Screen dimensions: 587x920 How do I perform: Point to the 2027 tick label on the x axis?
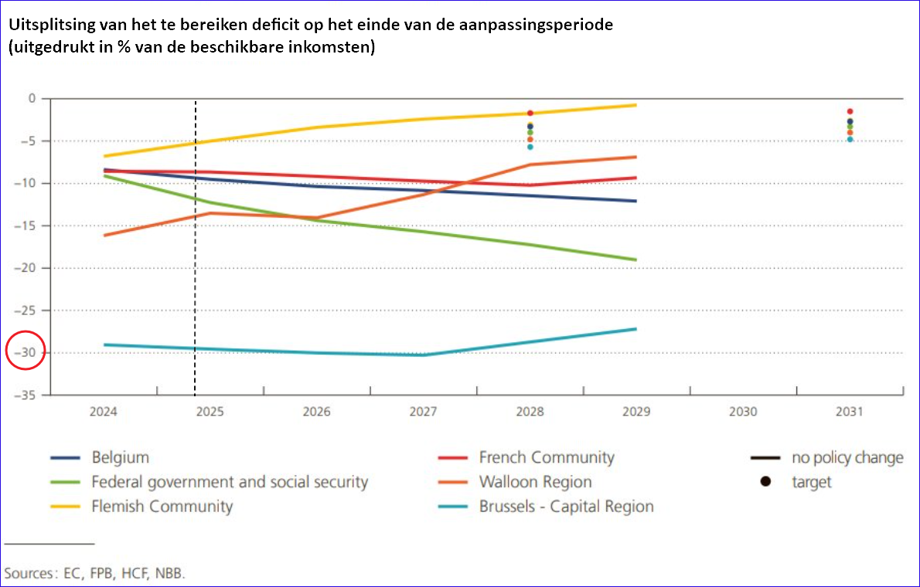pyautogui.click(x=423, y=412)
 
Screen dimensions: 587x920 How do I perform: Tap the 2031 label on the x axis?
pyautogui.click(x=849, y=412)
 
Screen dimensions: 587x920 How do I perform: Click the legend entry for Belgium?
pyautogui.click(x=120, y=457)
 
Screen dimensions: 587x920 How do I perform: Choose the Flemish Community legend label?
pyautogui.click(x=162, y=507)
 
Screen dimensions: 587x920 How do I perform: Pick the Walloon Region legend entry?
pyautogui.click(x=535, y=482)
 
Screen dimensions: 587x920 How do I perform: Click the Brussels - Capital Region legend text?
pyautogui.click(x=566, y=507)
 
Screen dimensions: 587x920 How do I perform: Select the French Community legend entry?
pyautogui.click(x=546, y=457)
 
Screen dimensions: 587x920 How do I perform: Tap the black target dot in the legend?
pyautogui.click(x=765, y=482)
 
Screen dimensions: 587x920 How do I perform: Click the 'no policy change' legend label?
pyautogui.click(x=847, y=457)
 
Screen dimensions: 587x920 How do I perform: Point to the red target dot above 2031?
pyautogui.click(x=850, y=111)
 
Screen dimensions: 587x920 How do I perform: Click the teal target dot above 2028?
pyautogui.click(x=530, y=147)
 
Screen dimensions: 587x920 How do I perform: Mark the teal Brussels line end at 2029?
pyautogui.click(x=635, y=329)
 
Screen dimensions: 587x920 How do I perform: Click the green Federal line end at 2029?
pyautogui.click(x=635, y=260)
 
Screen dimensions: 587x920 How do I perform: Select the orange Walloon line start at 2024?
pyautogui.click(x=104, y=236)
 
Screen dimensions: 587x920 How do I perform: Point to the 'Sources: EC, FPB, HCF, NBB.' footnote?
pyautogui.click(x=96, y=573)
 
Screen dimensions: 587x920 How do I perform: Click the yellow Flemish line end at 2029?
pyautogui.click(x=635, y=105)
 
